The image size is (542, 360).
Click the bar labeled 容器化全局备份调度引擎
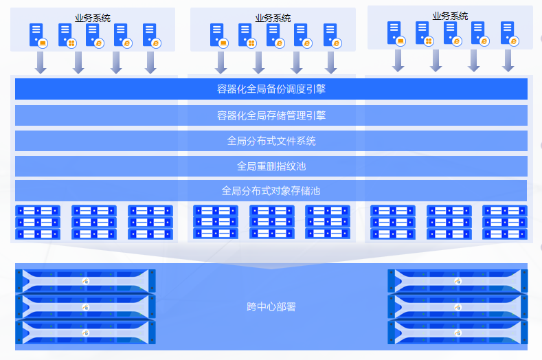point(271,89)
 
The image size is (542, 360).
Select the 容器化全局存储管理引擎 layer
point(271,115)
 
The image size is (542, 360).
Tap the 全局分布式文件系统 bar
point(271,141)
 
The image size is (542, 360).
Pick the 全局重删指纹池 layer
point(271,166)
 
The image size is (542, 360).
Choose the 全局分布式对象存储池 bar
point(271,190)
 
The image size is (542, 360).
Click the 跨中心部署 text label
point(271,306)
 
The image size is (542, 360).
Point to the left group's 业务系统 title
point(93,18)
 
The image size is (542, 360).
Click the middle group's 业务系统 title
point(273,18)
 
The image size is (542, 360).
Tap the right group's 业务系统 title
point(451,16)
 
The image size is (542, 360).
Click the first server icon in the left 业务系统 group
point(38,35)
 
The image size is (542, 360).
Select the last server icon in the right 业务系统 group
point(508,33)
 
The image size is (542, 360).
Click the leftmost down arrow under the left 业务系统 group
point(41,62)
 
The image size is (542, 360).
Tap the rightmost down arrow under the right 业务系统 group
point(508,60)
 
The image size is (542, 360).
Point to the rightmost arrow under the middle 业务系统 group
point(332,62)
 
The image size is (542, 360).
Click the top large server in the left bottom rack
point(85,280)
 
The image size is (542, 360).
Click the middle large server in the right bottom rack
point(458,306)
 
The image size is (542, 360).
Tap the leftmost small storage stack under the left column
point(38,222)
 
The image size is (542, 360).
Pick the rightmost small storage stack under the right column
point(504,222)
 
